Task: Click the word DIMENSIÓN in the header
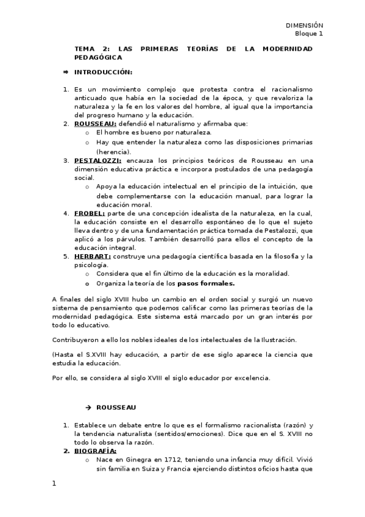click(x=305, y=24)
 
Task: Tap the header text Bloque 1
click(x=310, y=34)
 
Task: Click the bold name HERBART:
click(x=93, y=257)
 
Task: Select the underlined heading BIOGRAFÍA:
click(x=95, y=451)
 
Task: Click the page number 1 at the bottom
click(x=54, y=484)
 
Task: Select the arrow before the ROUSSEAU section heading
click(x=88, y=407)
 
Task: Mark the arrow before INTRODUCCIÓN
click(x=66, y=72)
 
